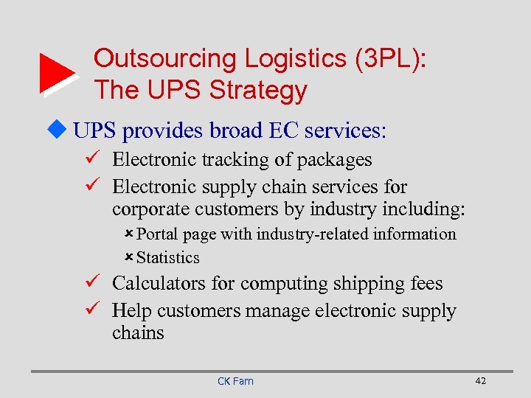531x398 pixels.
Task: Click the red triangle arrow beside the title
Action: (x=57, y=74)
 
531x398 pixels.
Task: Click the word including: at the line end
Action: (x=427, y=209)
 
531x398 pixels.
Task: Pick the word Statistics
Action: (x=168, y=258)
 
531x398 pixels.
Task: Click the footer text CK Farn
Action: (x=235, y=381)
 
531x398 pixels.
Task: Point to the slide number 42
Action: (x=480, y=380)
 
